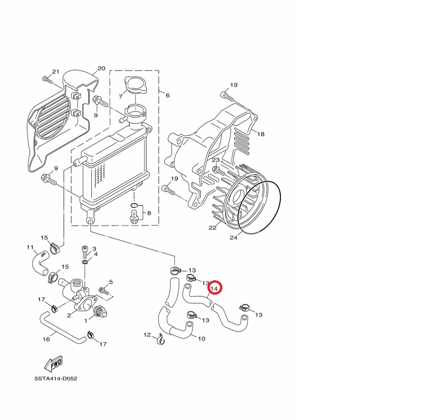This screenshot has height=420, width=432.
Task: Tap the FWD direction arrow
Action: click(x=53, y=363)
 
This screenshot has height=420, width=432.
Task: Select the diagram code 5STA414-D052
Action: click(x=56, y=379)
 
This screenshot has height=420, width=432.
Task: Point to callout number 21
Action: click(x=56, y=72)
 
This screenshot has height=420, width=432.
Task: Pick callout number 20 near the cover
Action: click(x=101, y=69)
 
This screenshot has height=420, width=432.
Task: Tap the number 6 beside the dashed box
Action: click(x=167, y=95)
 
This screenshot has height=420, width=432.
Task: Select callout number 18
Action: click(x=261, y=134)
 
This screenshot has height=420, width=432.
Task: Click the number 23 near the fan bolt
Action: click(x=216, y=160)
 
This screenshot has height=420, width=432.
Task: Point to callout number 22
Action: click(x=212, y=228)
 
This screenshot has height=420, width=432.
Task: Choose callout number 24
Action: click(x=233, y=237)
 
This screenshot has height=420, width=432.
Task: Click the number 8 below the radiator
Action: click(x=149, y=212)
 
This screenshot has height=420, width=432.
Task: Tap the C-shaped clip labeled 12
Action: click(x=160, y=341)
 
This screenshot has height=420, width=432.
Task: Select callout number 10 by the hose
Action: click(x=202, y=339)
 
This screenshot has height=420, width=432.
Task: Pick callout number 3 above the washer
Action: click(x=94, y=249)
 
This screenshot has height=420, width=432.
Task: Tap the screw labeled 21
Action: click(x=47, y=80)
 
